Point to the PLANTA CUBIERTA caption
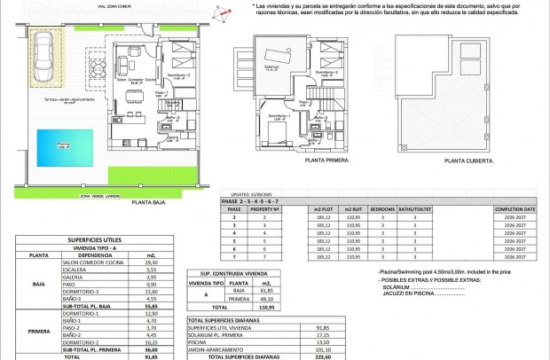(466, 160)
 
